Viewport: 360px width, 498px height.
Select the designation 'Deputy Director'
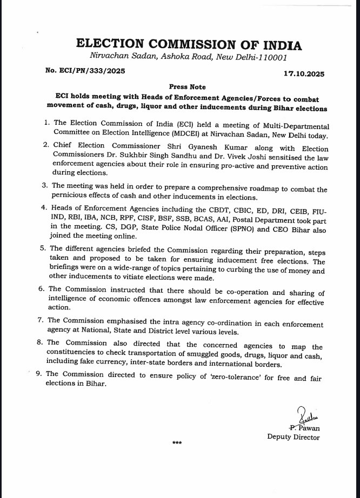click(294, 437)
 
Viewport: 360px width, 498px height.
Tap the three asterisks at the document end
click(176, 443)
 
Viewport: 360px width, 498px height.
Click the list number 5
click(47, 249)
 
